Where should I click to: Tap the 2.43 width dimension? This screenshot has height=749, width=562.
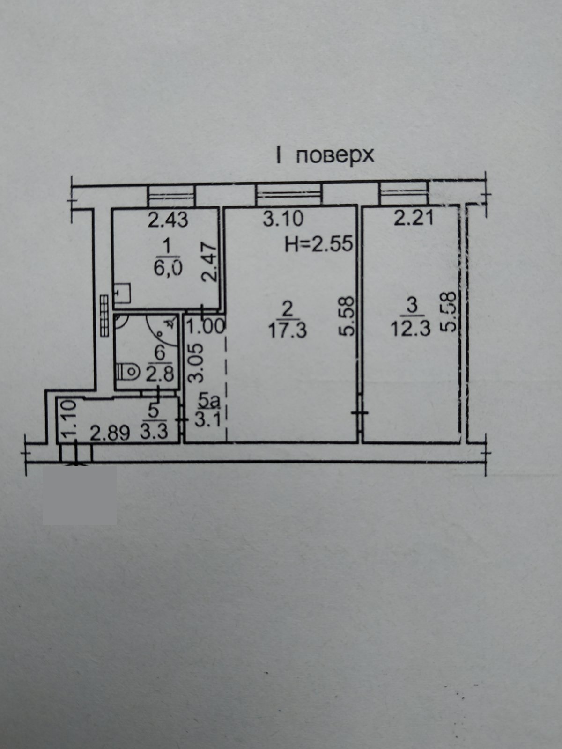click(168, 220)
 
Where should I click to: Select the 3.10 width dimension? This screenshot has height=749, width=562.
click(283, 219)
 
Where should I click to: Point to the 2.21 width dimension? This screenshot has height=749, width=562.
click(414, 218)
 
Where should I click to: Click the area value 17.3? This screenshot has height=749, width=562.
click(288, 330)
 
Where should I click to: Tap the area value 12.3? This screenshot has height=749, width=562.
click(411, 329)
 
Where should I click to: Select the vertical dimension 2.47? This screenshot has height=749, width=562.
click(209, 262)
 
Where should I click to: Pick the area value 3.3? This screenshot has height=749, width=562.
click(154, 432)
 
